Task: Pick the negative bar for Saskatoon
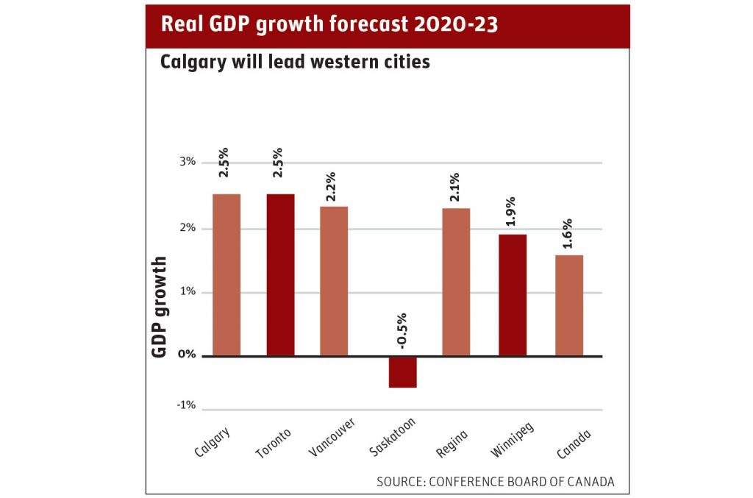[x=402, y=372]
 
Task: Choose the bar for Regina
[x=456, y=282]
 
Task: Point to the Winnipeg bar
[x=513, y=295]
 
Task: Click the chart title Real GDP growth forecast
[x=329, y=24]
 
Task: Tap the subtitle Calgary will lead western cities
[x=295, y=63]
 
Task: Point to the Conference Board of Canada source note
[x=495, y=482]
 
